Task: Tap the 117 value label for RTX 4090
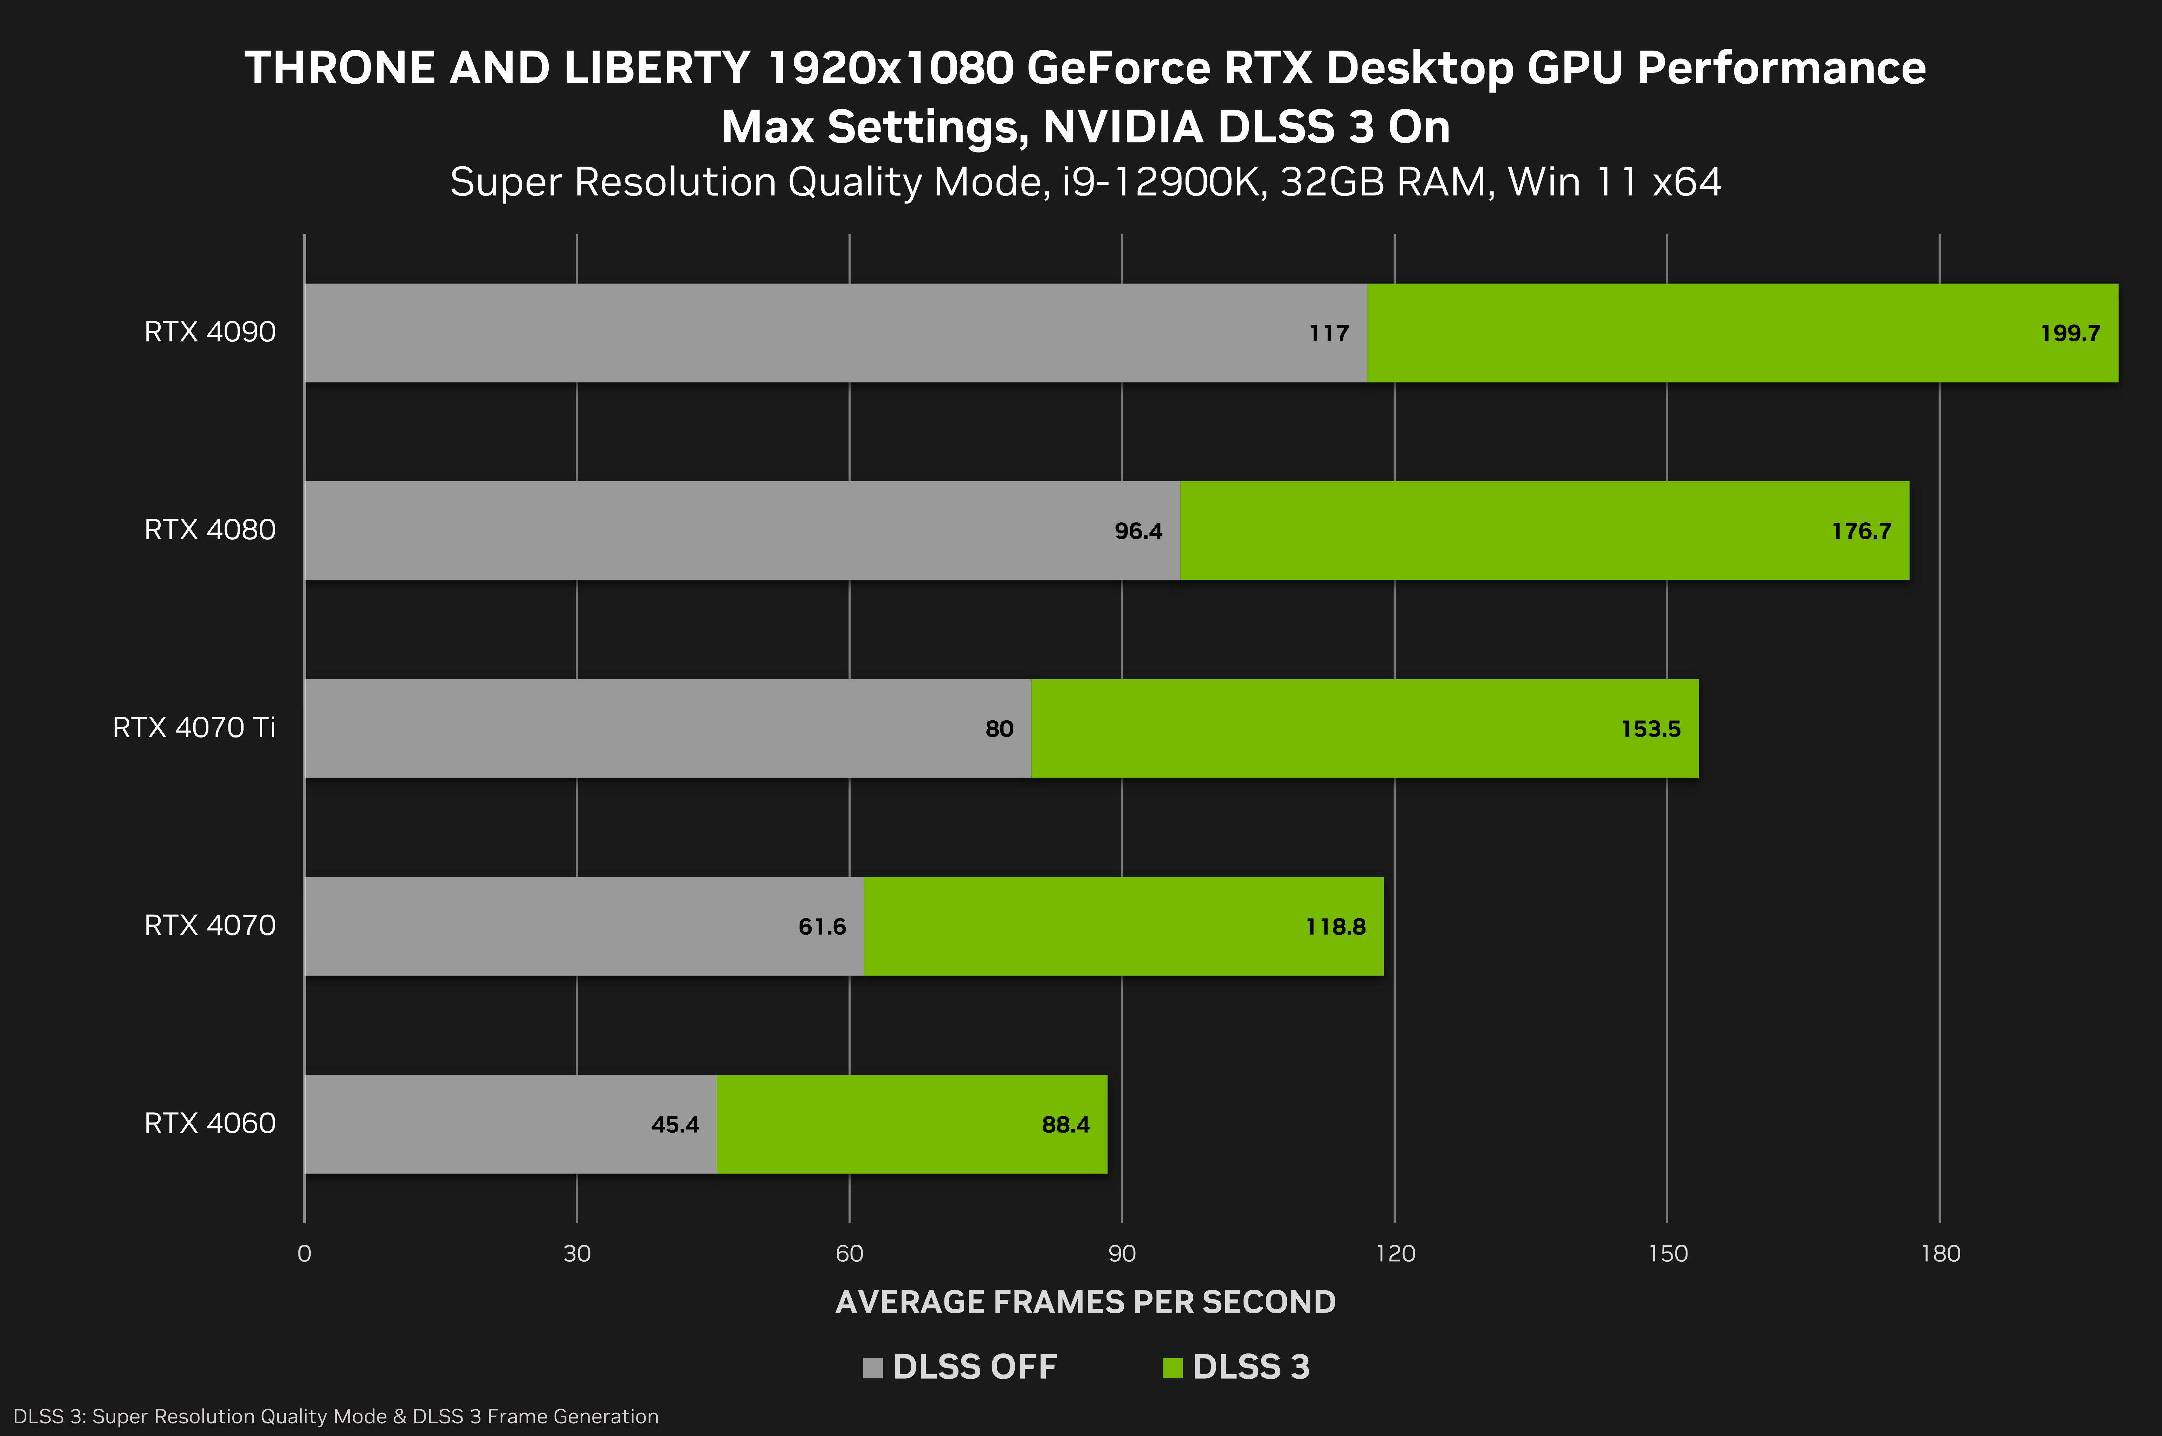(1329, 333)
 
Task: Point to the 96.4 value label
(1138, 531)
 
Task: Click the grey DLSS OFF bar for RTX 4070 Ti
(641, 729)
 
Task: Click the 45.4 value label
(675, 1125)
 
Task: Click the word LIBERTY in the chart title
(658, 69)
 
